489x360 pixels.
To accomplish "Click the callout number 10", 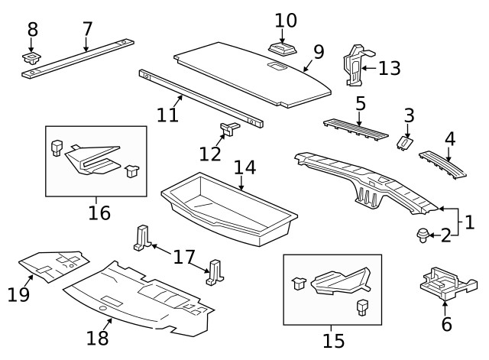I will [x=285, y=20].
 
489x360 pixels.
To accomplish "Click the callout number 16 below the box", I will [x=99, y=212].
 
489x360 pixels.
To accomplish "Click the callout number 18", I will [x=98, y=337].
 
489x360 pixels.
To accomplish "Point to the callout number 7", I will [x=87, y=29].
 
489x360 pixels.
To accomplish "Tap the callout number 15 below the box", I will [x=333, y=340].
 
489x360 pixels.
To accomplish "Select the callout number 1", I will [x=468, y=223].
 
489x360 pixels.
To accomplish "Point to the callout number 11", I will [x=167, y=115].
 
